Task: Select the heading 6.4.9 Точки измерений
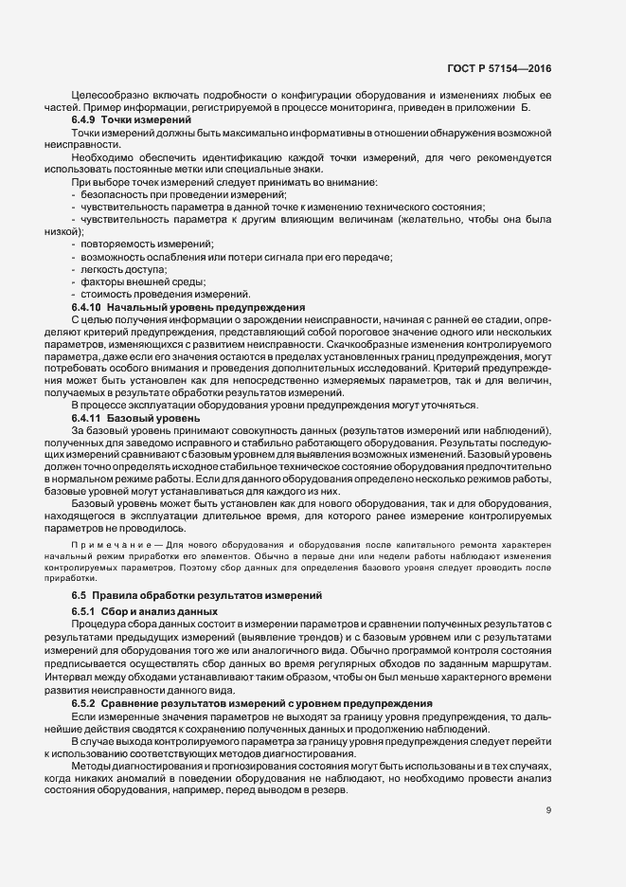[x=116, y=121]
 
